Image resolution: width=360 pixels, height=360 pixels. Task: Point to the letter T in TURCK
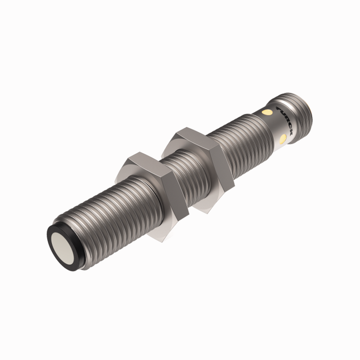(x=277, y=108)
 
